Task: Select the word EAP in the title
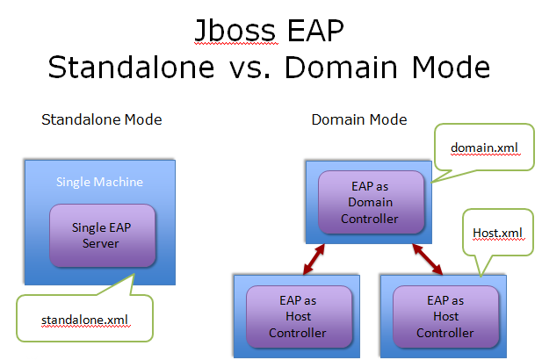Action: point(315,31)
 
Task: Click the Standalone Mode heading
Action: point(102,119)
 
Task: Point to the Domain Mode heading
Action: point(359,119)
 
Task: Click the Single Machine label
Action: point(99,182)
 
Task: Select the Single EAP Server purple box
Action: point(102,235)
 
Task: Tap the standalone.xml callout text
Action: point(84,320)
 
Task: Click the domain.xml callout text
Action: point(484,148)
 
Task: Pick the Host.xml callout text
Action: point(497,233)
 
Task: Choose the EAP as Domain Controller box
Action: point(371,202)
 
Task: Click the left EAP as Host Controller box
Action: point(299,316)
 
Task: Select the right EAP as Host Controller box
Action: point(446,316)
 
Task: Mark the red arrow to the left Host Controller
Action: point(314,259)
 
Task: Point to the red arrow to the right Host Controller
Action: point(427,259)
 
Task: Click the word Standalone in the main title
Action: point(131,67)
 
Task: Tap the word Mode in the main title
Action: point(451,67)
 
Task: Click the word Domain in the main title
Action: point(341,67)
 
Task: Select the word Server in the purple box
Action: point(101,243)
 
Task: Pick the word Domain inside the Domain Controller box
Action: point(370,202)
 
